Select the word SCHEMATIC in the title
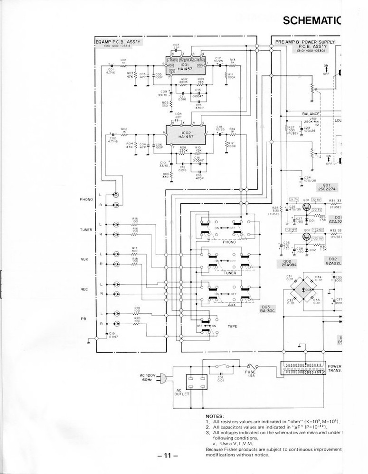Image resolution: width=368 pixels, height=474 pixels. click(x=311, y=20)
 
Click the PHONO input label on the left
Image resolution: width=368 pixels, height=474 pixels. click(x=86, y=200)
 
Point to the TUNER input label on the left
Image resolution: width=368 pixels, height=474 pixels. click(x=86, y=229)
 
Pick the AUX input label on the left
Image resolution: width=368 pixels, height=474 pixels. click(x=85, y=259)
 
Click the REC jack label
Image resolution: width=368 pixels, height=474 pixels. click(x=85, y=289)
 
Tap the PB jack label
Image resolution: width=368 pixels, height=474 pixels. click(x=86, y=319)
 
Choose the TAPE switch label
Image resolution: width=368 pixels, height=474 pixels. click(x=233, y=327)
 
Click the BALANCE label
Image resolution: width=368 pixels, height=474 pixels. click(x=311, y=114)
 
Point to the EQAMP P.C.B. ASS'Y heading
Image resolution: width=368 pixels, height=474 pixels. click(x=118, y=44)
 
